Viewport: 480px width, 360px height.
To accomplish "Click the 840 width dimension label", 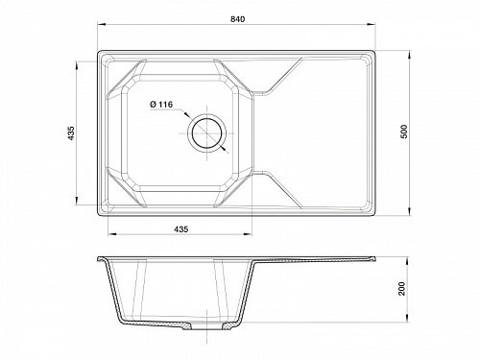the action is [x=237, y=19].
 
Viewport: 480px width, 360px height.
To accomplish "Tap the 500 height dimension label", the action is [x=404, y=132].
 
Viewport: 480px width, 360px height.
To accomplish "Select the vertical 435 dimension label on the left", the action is [x=71, y=132].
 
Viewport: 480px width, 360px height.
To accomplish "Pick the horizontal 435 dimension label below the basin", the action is [x=181, y=229].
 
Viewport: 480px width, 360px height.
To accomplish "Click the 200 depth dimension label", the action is [x=402, y=289].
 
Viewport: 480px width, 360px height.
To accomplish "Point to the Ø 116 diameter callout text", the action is [x=161, y=105].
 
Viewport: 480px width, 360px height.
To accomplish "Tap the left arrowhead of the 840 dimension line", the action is [x=102, y=24].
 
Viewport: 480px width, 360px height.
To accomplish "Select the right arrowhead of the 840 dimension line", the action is [x=372, y=24].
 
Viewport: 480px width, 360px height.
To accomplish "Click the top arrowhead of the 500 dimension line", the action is [x=410, y=55].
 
